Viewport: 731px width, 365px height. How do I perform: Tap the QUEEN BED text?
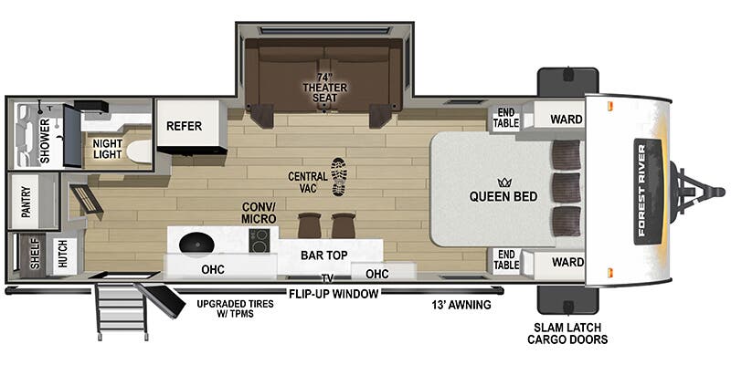(503, 194)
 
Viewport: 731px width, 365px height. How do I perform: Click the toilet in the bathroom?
(138, 151)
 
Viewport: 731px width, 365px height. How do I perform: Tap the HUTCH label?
(62, 253)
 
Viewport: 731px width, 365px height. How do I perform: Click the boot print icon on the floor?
(339, 176)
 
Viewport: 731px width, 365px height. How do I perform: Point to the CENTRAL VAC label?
(306, 181)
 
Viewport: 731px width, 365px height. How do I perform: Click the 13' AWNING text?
(461, 304)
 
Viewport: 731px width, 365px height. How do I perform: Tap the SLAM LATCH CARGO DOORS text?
(567, 333)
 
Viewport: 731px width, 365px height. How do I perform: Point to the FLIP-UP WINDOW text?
(334, 294)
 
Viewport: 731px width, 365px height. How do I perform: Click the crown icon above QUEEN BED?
(503, 182)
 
